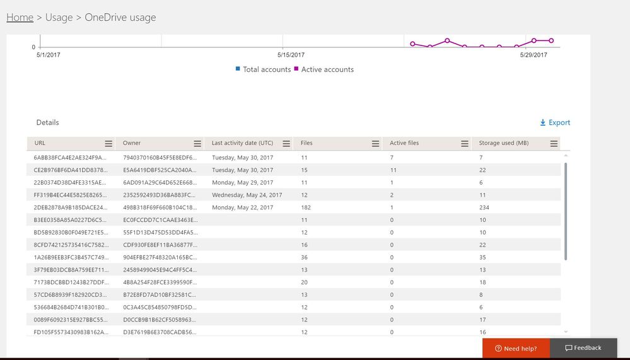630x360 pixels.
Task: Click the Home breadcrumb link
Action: pos(20,18)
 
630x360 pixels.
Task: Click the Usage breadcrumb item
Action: pos(59,18)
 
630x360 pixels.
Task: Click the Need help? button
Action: pos(516,348)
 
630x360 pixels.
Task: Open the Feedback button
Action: pos(583,348)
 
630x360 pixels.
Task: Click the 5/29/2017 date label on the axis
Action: pos(534,55)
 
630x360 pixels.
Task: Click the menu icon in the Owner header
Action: pos(197,144)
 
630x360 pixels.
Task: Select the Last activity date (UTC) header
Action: pos(242,143)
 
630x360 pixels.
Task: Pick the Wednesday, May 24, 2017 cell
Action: pos(247,195)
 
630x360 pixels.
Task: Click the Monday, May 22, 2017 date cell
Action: pos(242,207)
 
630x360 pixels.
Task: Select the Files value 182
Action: pos(306,207)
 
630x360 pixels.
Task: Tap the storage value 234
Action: pos(484,207)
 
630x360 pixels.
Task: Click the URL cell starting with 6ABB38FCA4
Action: pos(70,157)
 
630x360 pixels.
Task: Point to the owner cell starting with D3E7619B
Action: pos(160,332)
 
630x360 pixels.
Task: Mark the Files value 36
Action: pos(304,257)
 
